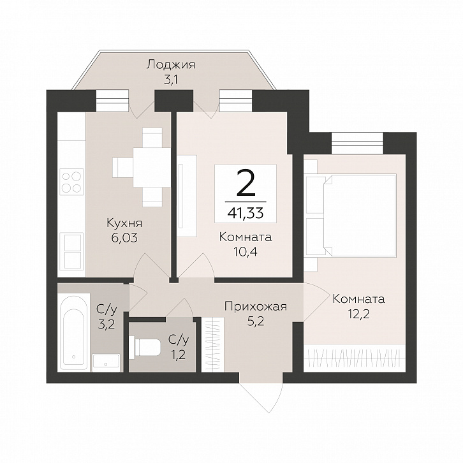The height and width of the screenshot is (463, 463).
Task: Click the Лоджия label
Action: pos(171,65)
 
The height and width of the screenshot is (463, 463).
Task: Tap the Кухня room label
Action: pos(124,223)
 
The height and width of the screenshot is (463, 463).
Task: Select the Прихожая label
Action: pos(256,307)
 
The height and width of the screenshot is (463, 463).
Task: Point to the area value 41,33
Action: pos(246,212)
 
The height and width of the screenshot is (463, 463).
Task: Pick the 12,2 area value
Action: pos(359,314)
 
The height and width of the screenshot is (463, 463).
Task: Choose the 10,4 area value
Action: pos(246,252)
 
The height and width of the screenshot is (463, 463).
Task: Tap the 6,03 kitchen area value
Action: pos(124,238)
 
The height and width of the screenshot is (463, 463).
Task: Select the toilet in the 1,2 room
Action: pos(145,347)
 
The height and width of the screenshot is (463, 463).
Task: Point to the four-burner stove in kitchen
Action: pos(72,182)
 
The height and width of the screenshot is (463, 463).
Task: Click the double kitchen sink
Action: pos(71,251)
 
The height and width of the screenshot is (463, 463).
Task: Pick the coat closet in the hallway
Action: pos(213,345)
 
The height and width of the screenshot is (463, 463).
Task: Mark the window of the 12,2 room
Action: pos(357,143)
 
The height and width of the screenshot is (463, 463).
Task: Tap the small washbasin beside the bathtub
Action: pos(106,363)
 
